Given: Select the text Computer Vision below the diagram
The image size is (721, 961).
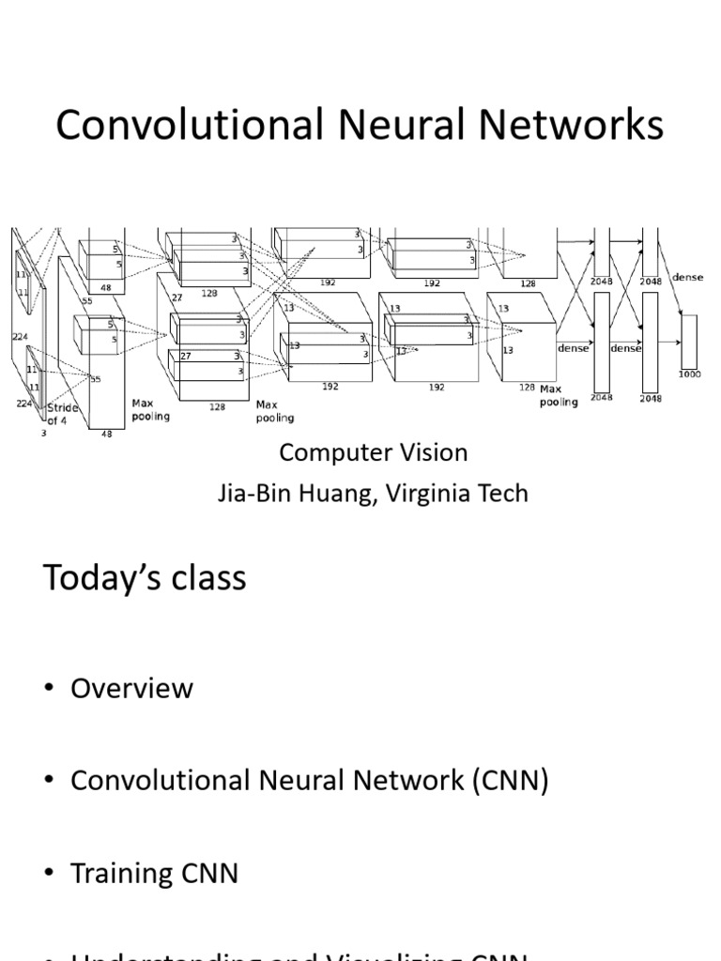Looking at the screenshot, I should click(x=373, y=452).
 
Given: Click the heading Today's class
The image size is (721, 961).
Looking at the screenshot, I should click(x=145, y=577).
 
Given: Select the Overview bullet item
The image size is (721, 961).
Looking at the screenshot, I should click(x=131, y=688).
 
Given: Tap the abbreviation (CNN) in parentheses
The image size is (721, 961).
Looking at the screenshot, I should click(x=504, y=781).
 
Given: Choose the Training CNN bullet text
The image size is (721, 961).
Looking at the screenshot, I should click(x=154, y=874).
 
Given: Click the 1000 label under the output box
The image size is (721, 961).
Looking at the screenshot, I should click(x=688, y=374).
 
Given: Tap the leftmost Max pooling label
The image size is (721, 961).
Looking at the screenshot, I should click(x=150, y=409).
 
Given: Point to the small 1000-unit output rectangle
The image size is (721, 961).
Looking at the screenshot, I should click(x=689, y=342).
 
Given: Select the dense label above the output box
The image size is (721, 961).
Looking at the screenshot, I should click(x=687, y=278).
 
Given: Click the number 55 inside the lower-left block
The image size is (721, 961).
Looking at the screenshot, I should click(x=95, y=379).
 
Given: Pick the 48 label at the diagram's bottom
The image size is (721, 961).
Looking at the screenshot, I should click(x=106, y=435).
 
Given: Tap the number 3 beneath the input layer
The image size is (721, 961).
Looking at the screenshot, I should click(x=43, y=434).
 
